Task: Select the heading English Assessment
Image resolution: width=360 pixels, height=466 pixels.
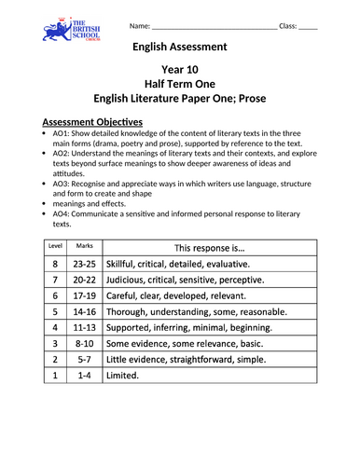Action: pyautogui.click(x=179, y=46)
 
